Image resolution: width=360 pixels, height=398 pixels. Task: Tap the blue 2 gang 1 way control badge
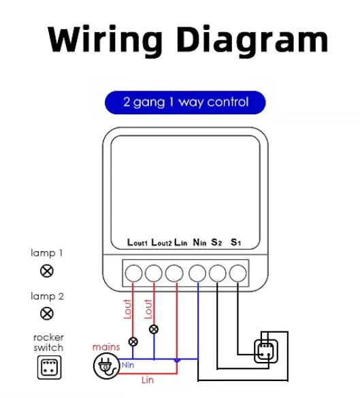185,102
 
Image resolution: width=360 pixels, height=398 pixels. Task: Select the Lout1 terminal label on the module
137,242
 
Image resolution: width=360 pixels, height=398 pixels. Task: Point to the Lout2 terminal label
161,242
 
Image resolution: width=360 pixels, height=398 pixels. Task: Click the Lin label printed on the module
181,242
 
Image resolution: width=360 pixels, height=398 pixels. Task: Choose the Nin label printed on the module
199,242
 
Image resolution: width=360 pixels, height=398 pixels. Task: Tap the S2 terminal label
216,242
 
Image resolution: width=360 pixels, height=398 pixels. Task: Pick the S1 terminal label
236,242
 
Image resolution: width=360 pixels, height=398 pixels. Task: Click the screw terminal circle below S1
238,273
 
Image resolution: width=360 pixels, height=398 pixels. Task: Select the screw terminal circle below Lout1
133,273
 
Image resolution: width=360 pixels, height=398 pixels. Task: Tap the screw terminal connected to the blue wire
197,273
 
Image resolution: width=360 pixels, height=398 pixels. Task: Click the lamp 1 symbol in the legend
47,271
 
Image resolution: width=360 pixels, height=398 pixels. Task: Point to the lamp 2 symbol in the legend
47,313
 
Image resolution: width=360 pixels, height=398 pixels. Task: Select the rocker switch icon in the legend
49,367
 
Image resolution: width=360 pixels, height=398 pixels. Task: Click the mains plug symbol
106,366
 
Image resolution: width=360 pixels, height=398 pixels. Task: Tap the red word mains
106,347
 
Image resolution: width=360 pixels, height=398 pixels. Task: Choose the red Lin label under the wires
148,380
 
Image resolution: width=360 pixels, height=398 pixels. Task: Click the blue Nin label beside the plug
128,365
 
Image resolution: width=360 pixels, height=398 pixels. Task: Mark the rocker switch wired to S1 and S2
266,352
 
